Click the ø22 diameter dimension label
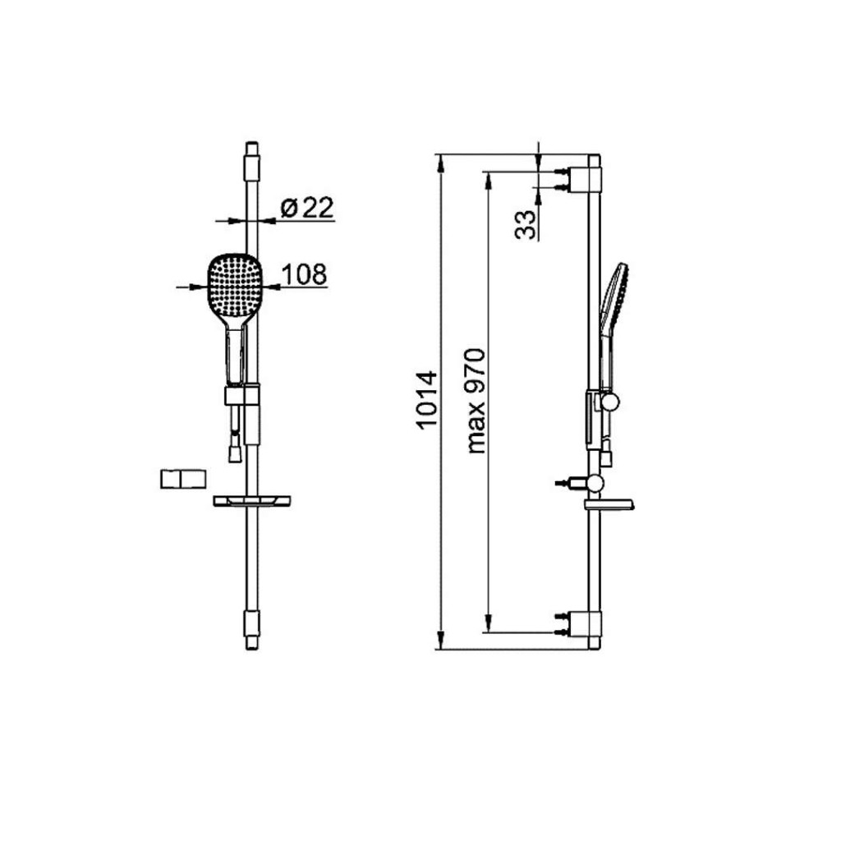click(307, 208)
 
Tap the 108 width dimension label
click(304, 274)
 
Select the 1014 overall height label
click(427, 400)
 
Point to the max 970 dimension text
click(476, 401)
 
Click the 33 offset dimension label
click(526, 224)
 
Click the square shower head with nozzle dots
click(235, 286)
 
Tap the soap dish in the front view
click(251, 501)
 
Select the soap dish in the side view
click(609, 505)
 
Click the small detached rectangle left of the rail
click(183, 479)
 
